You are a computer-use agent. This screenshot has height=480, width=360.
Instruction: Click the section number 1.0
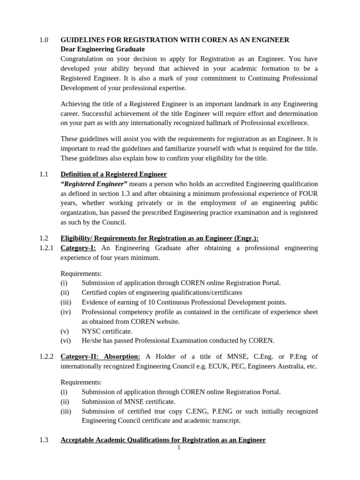[44, 40]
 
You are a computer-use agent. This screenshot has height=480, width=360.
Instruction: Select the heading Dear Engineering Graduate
[103, 49]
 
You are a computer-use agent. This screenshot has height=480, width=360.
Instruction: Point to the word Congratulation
[82, 59]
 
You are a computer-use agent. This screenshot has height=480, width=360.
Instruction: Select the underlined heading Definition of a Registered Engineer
[113, 174]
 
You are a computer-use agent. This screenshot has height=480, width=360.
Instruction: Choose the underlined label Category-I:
[78, 248]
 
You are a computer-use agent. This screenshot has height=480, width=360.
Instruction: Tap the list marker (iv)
[66, 312]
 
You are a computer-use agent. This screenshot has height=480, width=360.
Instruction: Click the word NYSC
[90, 331]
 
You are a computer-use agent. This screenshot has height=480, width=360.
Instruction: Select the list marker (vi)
[66, 341]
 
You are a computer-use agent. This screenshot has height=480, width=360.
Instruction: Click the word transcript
[225, 420]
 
